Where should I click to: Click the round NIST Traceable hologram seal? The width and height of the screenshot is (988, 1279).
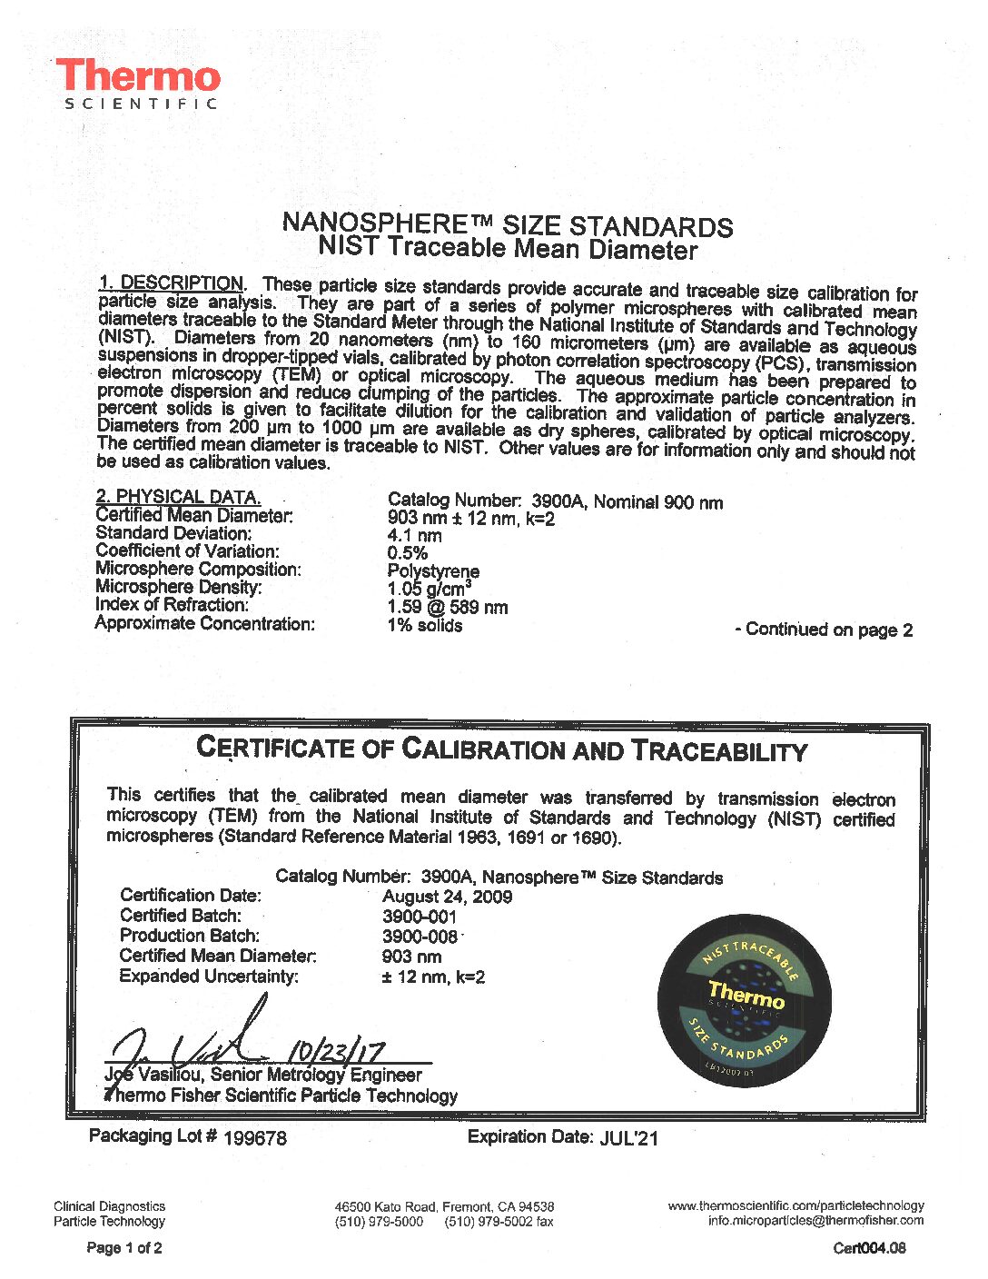point(745,999)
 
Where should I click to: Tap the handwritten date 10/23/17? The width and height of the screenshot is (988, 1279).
point(335,1053)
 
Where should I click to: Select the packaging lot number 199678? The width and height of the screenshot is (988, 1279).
point(254,1137)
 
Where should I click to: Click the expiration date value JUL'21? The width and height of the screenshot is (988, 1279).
point(628,1137)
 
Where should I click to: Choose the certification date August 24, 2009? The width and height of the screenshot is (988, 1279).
point(447,897)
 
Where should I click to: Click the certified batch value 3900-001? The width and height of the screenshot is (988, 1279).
point(419,917)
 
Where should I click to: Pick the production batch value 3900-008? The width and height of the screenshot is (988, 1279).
point(420,937)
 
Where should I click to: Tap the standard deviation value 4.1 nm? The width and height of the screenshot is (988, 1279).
point(414,536)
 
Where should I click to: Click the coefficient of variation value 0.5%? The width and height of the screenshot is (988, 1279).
point(407,553)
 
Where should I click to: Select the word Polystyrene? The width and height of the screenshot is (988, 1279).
point(433,571)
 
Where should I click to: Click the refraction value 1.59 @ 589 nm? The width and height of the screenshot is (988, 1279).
point(447,607)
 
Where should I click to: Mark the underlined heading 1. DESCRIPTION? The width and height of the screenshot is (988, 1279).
point(171,283)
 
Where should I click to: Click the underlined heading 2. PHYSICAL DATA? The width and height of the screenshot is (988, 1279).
point(178,497)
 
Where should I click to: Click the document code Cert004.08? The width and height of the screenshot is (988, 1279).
point(869,1248)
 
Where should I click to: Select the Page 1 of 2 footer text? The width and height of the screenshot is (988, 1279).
point(124,1248)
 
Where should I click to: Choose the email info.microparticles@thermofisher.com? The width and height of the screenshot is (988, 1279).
point(815,1220)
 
